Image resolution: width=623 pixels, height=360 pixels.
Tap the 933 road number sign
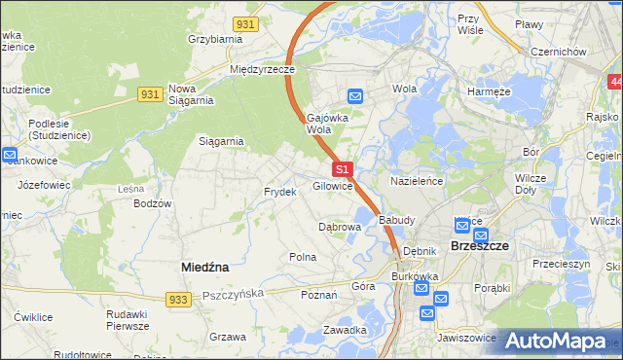176,302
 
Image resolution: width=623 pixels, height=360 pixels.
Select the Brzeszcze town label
481,247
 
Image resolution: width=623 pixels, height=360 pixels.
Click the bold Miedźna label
204,266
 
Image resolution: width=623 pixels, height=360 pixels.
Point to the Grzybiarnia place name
215,40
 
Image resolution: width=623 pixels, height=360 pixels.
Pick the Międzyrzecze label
262,70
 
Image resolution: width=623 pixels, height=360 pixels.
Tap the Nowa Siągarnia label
191,93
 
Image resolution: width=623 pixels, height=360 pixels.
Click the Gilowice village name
332,186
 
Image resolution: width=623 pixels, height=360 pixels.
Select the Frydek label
279,192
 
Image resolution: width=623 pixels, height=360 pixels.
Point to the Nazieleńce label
417,182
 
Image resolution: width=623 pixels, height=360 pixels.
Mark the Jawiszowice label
469,339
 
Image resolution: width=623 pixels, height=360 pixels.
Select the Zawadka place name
346,330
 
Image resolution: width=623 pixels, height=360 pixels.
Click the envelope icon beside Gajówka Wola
355,95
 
